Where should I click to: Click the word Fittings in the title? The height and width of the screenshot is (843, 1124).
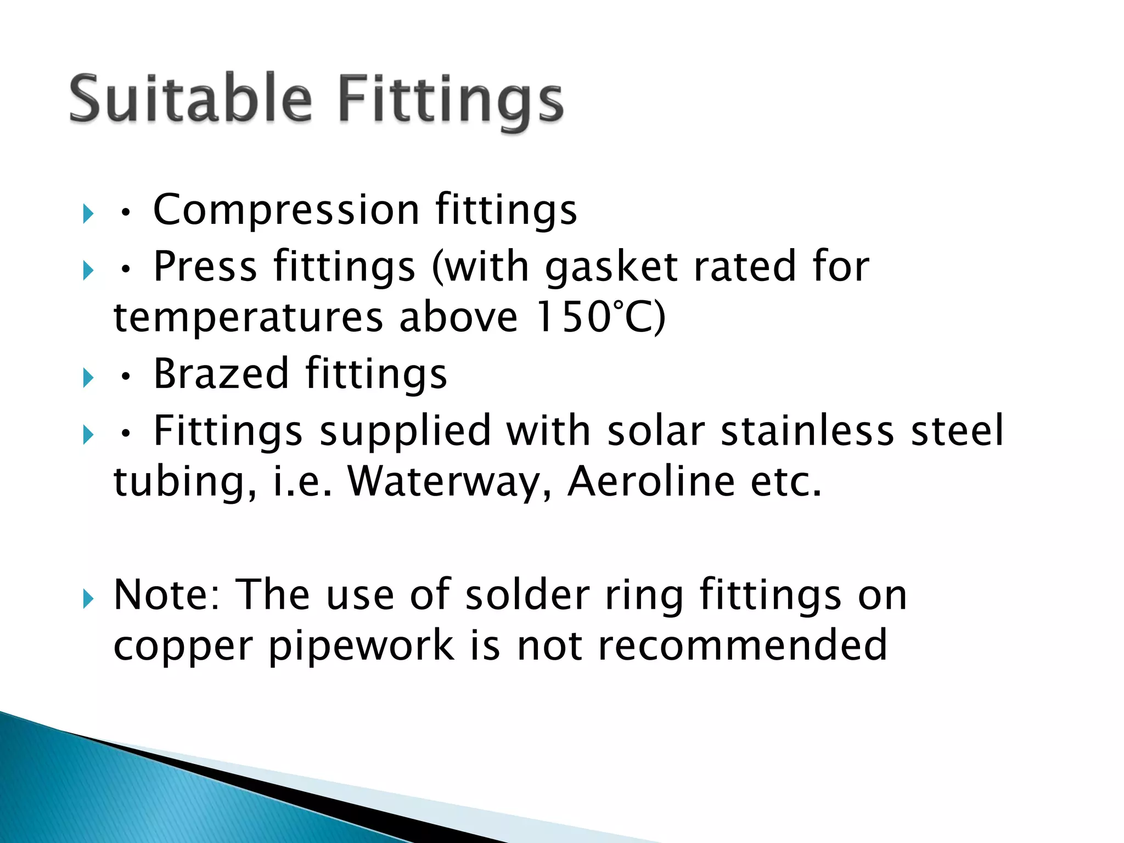(x=451, y=102)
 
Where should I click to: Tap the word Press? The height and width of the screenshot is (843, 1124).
(x=205, y=267)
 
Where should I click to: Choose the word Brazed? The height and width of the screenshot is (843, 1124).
(x=221, y=374)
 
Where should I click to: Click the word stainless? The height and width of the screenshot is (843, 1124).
(x=807, y=430)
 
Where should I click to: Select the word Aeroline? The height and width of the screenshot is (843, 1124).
(x=651, y=481)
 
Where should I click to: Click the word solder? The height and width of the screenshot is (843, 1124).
(x=527, y=595)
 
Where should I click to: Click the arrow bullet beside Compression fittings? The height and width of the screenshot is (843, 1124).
(x=88, y=213)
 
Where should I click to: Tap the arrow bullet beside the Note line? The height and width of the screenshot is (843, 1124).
(x=88, y=599)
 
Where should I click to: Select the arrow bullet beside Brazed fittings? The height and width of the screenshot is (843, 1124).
(x=88, y=378)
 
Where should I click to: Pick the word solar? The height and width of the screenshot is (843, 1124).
(x=656, y=430)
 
